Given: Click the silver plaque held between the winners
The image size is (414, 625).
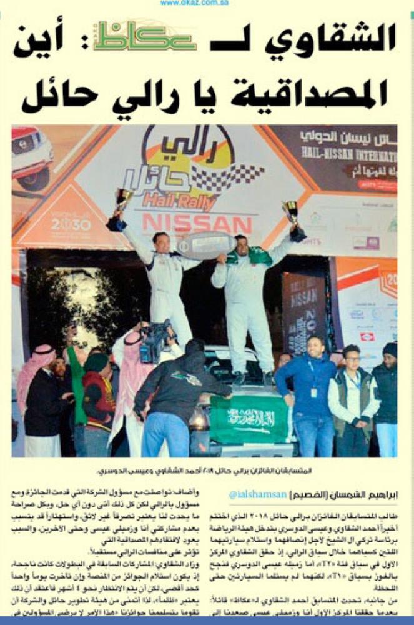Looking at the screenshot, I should (205, 244).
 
